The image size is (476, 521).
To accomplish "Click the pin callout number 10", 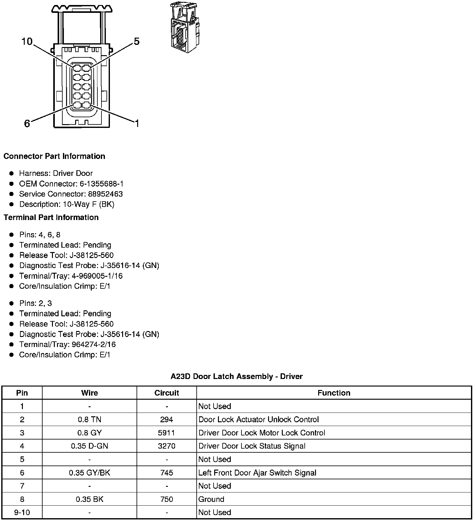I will [27, 41].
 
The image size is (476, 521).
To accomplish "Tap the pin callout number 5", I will [137, 41].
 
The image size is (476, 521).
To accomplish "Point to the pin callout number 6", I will [27, 124].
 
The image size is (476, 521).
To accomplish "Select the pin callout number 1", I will [137, 124].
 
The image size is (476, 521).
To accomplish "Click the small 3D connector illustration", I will [184, 27].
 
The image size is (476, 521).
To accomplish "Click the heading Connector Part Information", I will [54, 156].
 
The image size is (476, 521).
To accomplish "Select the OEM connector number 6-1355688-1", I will [101, 184].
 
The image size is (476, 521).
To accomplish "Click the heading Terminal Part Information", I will [51, 217].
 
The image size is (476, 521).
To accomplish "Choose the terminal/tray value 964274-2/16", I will [94, 345].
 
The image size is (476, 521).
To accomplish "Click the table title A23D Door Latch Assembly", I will [236, 376].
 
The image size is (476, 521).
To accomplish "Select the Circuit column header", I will [167, 393].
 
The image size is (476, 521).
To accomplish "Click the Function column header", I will [334, 393].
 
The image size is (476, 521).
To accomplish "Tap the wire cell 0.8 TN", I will [89, 419].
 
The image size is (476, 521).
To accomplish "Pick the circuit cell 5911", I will [167, 433].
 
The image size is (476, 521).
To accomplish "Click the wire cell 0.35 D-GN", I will [89, 446].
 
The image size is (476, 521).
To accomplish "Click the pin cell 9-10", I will [22, 512].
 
